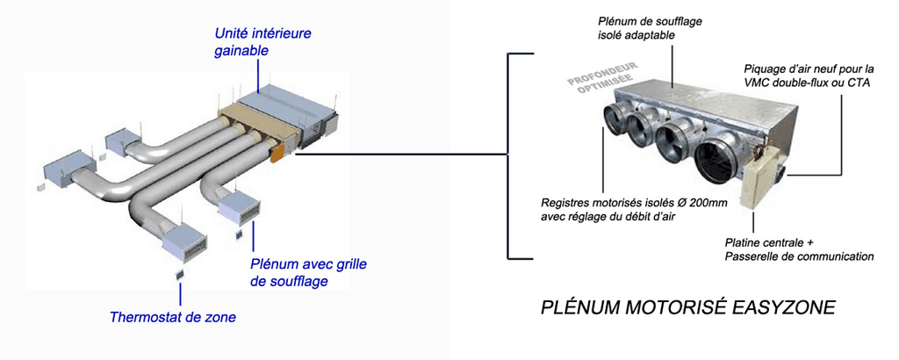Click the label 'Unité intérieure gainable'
263,42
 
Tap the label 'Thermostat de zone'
173,317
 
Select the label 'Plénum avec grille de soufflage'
308,273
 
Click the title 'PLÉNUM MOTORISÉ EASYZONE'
688,308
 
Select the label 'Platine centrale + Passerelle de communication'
799,248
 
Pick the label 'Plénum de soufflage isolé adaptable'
650,28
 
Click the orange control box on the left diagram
277,153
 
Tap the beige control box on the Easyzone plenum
759,176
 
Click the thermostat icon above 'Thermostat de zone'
180,274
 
